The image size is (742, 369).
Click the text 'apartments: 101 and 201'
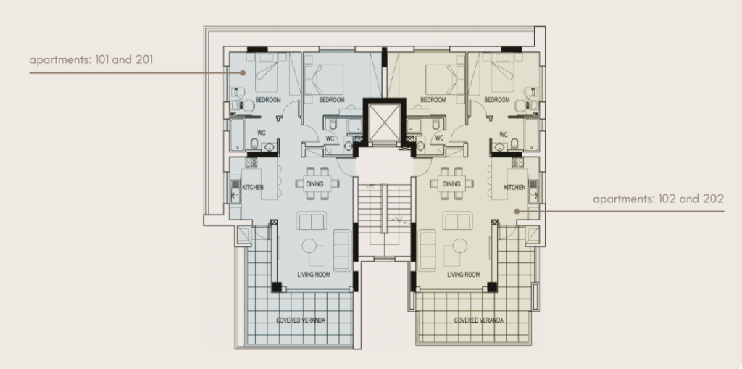point(91,60)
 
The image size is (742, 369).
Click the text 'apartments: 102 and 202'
point(658,199)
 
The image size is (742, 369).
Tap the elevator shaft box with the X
point(384,123)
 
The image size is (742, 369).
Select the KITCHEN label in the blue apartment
point(253,188)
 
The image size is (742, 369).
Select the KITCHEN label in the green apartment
point(514,188)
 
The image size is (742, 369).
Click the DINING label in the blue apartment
point(314,184)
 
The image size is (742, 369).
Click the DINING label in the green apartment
point(452,184)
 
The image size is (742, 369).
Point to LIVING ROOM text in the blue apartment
point(314,275)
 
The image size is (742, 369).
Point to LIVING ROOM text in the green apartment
point(463,275)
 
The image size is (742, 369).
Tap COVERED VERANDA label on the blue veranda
point(301,320)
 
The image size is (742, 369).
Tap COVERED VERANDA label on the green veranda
point(478,320)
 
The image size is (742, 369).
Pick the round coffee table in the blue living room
point(309,246)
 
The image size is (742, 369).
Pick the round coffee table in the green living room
point(459,246)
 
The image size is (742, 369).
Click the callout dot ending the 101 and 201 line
point(243,73)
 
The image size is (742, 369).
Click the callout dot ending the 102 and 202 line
point(517,211)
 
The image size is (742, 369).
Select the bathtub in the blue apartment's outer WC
point(237,135)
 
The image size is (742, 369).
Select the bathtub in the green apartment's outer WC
point(531,135)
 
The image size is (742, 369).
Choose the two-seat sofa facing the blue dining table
point(312,221)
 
